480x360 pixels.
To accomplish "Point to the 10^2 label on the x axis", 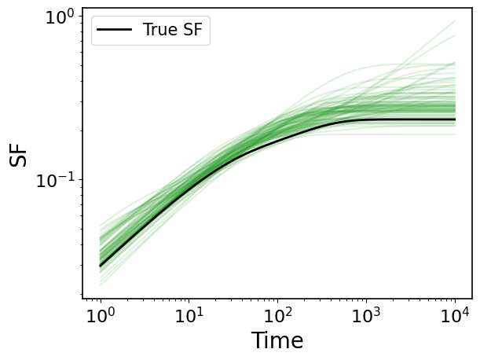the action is (x=277, y=315).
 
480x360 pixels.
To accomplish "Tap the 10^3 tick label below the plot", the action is (x=366, y=315).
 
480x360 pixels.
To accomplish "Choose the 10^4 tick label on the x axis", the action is (x=455, y=315).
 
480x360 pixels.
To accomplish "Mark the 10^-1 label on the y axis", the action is (x=56, y=181).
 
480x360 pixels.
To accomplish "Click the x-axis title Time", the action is (x=277, y=340).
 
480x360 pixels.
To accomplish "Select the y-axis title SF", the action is (x=18, y=156).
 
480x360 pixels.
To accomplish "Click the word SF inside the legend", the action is (x=192, y=30).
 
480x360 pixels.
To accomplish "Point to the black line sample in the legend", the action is (x=114, y=30).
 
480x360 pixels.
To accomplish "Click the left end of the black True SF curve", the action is (x=100, y=266).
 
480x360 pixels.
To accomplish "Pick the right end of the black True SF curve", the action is (x=455, y=119).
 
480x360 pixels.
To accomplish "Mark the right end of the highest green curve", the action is (x=455, y=21).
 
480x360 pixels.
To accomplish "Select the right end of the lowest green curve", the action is (x=455, y=134).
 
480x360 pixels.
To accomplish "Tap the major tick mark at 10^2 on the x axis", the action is (x=277, y=301).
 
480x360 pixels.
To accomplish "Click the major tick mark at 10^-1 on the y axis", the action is (x=80, y=179).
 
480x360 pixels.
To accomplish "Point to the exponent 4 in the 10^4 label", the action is (x=465, y=312).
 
